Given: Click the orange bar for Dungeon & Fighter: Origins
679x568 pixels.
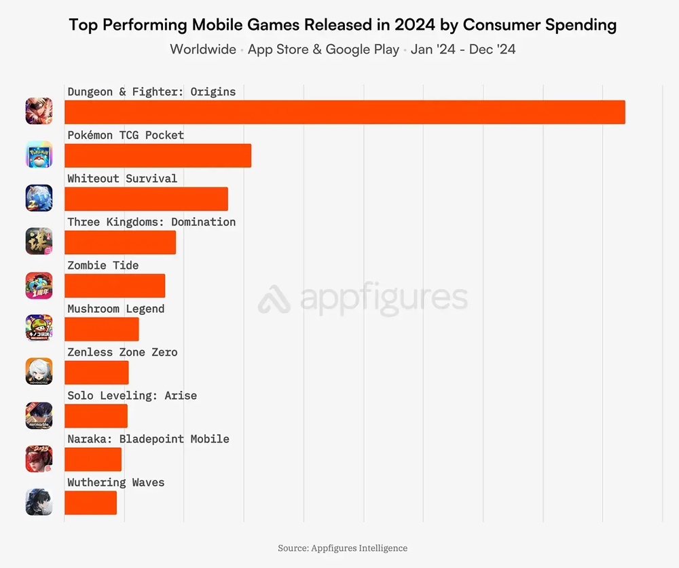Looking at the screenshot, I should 344,112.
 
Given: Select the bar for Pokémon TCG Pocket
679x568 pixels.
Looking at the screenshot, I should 158,155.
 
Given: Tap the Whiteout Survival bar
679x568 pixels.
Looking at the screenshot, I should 146,199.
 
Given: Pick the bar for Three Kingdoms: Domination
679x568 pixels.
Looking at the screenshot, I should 120,242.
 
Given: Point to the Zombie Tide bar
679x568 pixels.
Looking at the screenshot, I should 115,286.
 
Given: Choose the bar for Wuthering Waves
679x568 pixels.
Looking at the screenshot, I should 90,503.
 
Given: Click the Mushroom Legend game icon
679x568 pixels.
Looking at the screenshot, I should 39,328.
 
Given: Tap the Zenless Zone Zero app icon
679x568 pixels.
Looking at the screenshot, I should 39,372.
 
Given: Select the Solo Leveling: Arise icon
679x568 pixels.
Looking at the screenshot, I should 39,415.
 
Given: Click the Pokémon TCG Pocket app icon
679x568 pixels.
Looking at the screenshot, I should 39,155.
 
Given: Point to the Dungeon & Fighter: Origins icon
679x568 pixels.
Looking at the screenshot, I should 39,111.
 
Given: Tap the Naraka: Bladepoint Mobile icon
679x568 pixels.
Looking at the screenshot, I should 39,459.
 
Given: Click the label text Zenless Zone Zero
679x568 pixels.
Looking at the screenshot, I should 122,352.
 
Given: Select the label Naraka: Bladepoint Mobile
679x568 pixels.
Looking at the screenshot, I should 148,439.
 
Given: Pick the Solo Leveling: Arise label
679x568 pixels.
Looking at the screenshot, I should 132,396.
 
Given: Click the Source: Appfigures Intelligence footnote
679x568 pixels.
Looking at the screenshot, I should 342,548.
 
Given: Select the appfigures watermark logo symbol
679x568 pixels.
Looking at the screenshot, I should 274,299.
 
